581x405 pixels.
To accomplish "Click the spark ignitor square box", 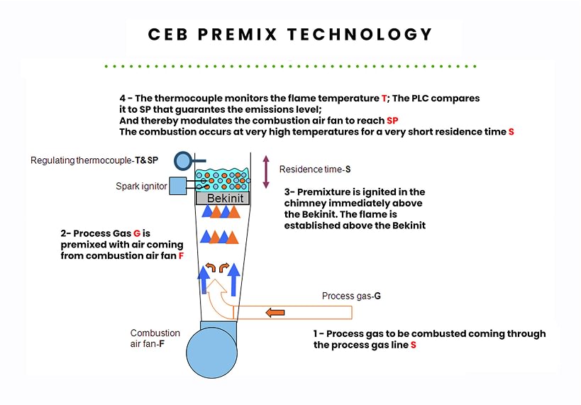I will [x=177, y=186].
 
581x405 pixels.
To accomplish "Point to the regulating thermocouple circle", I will [x=182, y=159].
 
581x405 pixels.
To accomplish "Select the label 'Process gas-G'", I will [x=351, y=296].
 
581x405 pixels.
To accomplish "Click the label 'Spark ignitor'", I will [x=141, y=187].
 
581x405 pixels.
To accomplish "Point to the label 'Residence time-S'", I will [x=315, y=170].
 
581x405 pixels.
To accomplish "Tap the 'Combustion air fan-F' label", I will [x=155, y=338].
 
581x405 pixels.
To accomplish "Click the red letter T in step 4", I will [x=384, y=99].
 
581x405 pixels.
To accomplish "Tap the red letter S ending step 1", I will [x=413, y=345].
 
